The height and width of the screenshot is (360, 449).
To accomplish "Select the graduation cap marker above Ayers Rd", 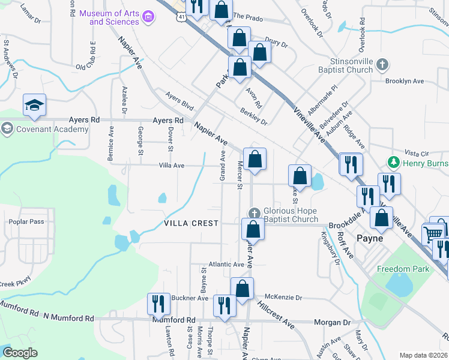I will tap(35, 106).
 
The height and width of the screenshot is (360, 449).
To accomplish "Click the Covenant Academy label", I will tap(44, 129).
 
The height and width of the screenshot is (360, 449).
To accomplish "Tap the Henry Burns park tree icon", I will tap(394, 162).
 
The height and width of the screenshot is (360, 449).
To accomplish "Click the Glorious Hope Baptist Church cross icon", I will tap(254, 213).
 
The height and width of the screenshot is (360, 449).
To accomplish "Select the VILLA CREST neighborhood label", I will tap(191, 223).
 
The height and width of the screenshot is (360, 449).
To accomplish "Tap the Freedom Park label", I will tap(403, 269).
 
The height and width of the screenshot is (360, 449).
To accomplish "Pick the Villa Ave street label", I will tap(171, 165).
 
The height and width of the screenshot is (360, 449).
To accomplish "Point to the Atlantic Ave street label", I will tap(226, 265).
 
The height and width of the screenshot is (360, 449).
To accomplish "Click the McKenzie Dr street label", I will tap(283, 297).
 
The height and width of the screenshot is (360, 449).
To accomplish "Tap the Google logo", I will tap(20, 353).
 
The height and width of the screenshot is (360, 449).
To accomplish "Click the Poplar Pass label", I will tap(26, 221).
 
